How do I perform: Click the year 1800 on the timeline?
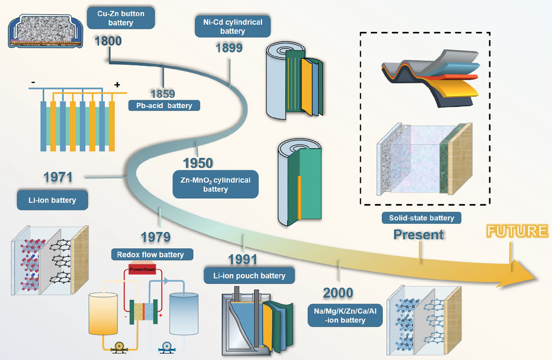coord(108,41)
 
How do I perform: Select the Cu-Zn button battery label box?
coord(121,18)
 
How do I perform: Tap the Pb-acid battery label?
coord(165,105)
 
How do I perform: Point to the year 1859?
coord(163,94)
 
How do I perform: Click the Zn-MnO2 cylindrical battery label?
coord(216,185)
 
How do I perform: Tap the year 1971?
coord(58,177)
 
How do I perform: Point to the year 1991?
coord(242,259)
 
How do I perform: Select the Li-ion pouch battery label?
coord(249,276)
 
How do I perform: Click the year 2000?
coord(338,294)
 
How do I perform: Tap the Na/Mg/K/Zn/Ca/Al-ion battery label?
coord(345,315)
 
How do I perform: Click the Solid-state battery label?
coord(421,218)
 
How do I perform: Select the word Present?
coord(418,235)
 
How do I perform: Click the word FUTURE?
coord(517,231)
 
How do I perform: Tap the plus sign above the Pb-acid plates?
coord(117,85)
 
